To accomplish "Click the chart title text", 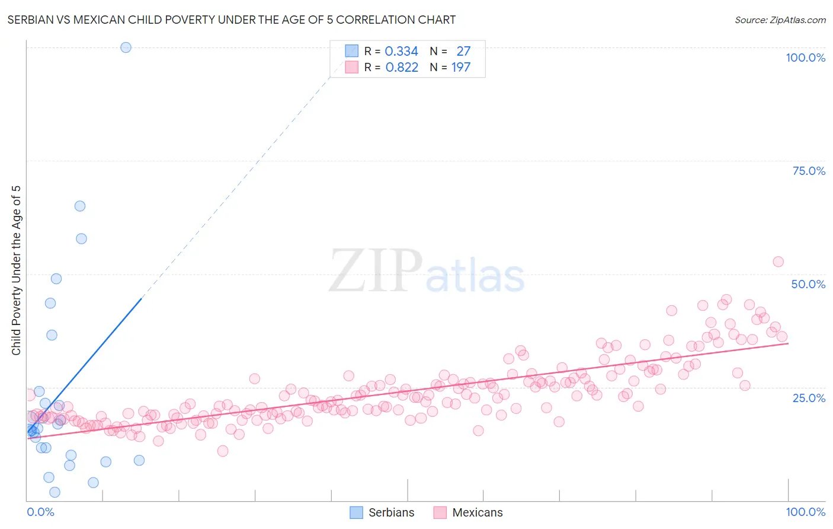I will pyautogui.click(x=231, y=20).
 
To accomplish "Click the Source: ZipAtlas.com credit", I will pyautogui.click(x=780, y=20).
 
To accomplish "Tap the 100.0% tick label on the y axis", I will pyautogui.click(x=805, y=58).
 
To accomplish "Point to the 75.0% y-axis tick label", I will pyautogui.click(x=809, y=171).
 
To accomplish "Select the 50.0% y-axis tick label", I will pyautogui.click(x=808, y=284).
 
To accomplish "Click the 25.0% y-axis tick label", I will pyautogui.click(x=809, y=398).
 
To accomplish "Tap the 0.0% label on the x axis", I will pyautogui.click(x=40, y=512).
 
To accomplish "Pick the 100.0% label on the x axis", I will pyautogui.click(x=805, y=512).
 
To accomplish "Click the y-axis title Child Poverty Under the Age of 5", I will pyautogui.click(x=17, y=270).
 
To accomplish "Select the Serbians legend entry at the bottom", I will pyautogui.click(x=382, y=512).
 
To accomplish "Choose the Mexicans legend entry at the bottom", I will pyautogui.click(x=468, y=512).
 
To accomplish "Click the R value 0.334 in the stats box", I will pyautogui.click(x=401, y=52).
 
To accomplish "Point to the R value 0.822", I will pyautogui.click(x=402, y=68).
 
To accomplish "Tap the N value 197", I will pyautogui.click(x=460, y=68).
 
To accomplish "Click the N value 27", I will pyautogui.click(x=463, y=52).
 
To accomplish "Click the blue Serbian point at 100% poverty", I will pyautogui.click(x=126, y=47).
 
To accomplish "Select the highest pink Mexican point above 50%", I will pyautogui.click(x=778, y=262).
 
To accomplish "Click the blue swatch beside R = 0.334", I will pyautogui.click(x=352, y=51).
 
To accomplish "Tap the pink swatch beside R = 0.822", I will pyautogui.click(x=352, y=67).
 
